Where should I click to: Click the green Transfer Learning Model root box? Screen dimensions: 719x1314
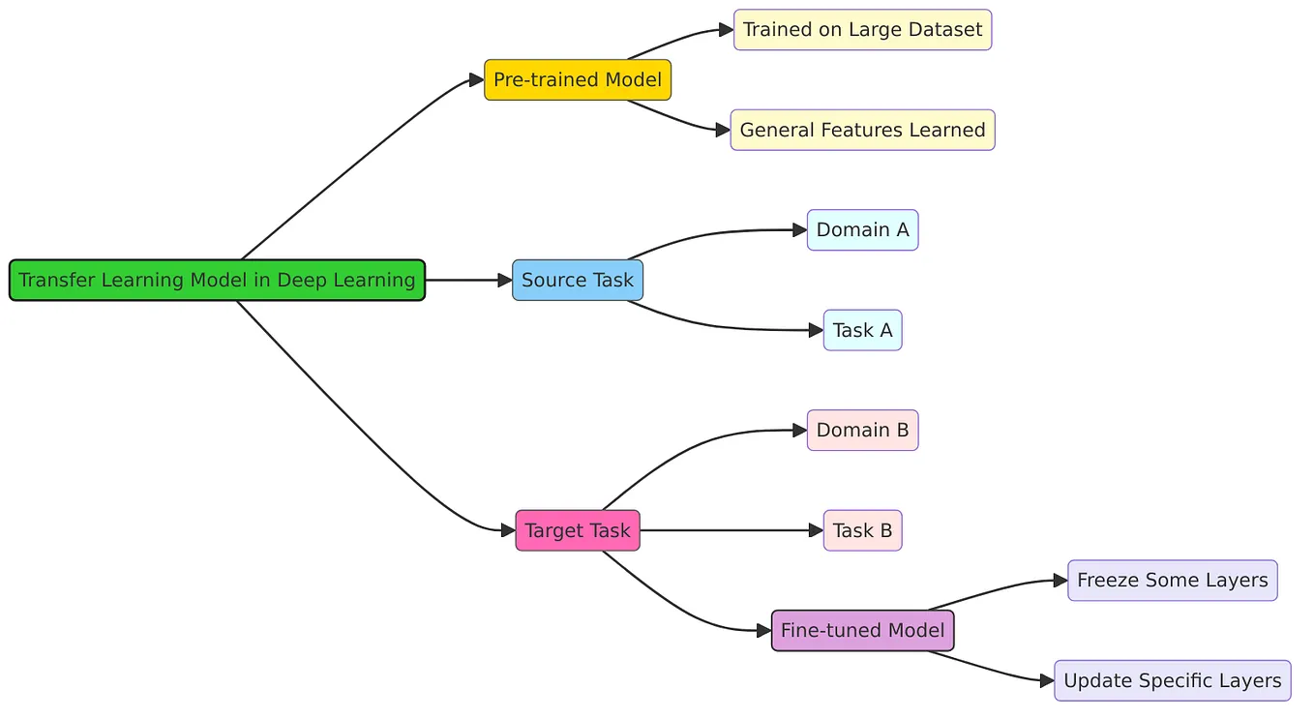coord(217,280)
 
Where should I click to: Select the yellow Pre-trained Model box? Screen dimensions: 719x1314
coord(577,79)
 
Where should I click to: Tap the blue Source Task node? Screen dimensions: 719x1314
coord(577,280)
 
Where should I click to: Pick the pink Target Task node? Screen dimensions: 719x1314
coord(577,530)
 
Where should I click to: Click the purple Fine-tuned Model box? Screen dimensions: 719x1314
coord(862,630)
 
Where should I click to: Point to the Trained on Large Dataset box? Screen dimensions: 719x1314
coord(862,30)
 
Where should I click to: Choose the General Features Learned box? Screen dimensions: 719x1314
coord(862,130)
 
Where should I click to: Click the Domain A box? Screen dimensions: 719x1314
coord(862,229)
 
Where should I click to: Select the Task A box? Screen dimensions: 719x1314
coord(862,330)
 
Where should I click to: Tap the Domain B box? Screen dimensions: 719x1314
coord(862,430)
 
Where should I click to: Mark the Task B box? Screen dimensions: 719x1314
coord(862,530)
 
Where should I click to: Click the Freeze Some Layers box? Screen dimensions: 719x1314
coord(1172,581)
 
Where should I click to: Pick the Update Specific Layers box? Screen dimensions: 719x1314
coord(1172,680)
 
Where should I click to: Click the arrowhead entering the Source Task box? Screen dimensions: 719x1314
coord(504,280)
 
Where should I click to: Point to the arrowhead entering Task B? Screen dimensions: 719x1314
coord(816,530)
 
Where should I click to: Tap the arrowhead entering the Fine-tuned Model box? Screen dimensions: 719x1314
coord(763,630)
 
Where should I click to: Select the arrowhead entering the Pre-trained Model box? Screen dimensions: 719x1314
coord(476,79)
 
